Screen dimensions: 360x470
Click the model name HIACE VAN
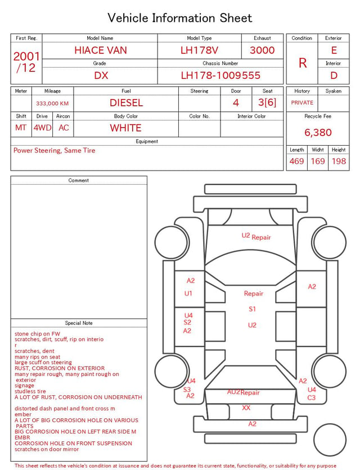[101, 50]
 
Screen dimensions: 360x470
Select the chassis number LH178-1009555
[220, 75]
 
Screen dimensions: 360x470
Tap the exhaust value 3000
[262, 50]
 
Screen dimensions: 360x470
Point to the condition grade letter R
[303, 63]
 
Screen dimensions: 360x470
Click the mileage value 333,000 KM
[52, 104]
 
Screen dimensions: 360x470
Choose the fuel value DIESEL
[126, 103]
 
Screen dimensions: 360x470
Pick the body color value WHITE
[125, 128]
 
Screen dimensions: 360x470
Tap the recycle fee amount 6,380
[318, 132]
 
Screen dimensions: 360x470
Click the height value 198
[339, 161]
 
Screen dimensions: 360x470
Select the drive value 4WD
[42, 128]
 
